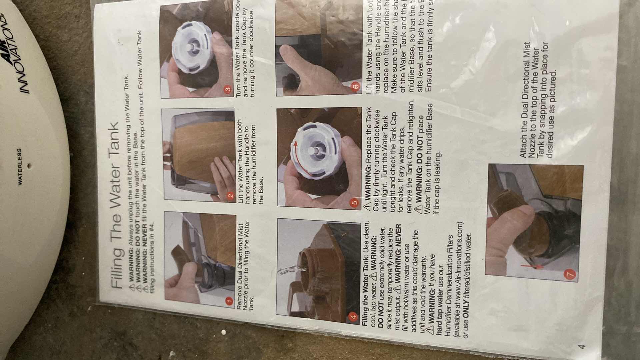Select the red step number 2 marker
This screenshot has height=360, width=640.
tap(231, 196)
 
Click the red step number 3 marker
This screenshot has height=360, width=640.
tap(228, 90)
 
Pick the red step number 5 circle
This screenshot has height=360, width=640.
tap(355, 202)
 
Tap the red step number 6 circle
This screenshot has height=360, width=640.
tap(356, 87)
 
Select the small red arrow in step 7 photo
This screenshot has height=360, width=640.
tap(532, 266)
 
